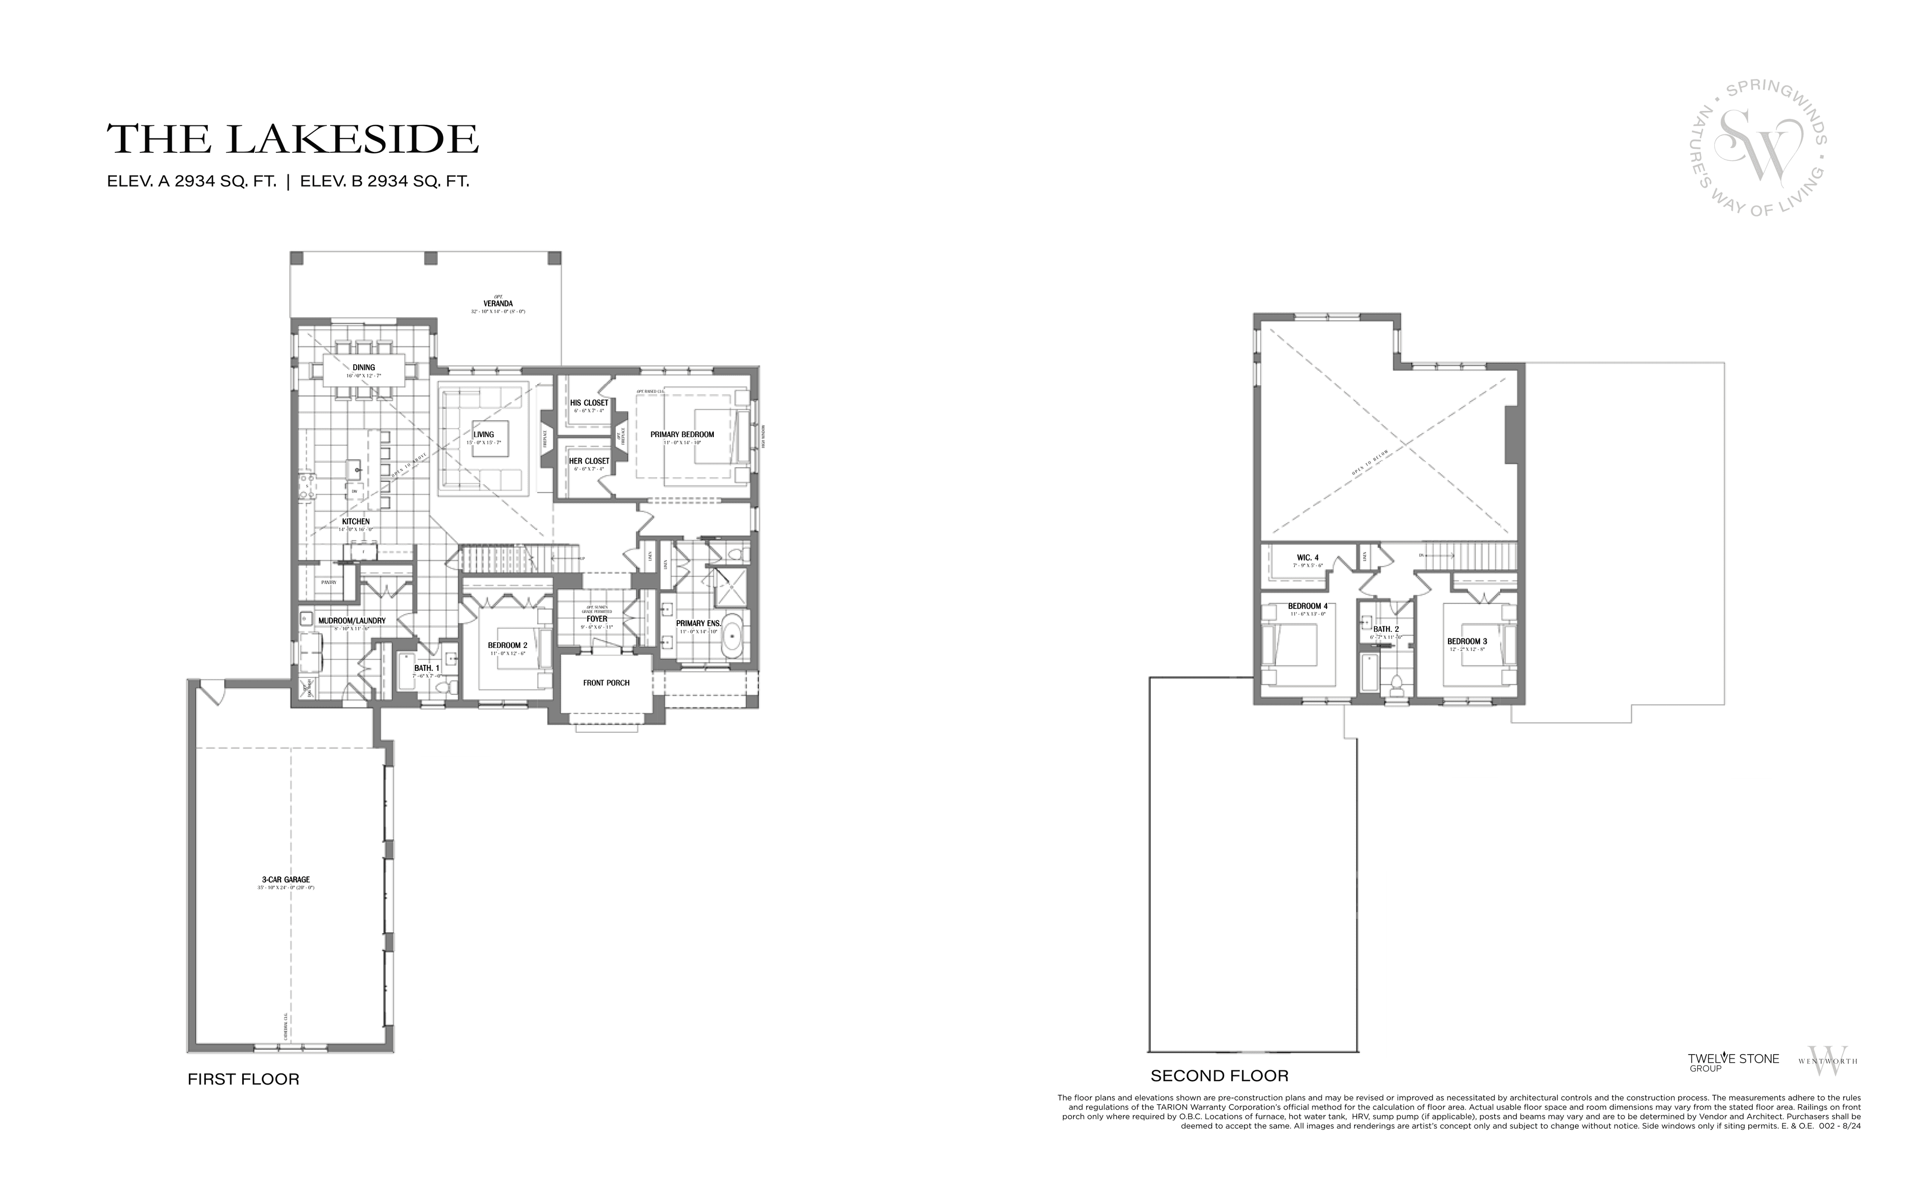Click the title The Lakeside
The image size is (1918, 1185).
[x=292, y=139]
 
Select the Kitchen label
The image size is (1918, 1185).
[x=356, y=521]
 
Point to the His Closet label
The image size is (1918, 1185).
[x=589, y=403]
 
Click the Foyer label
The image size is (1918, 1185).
[x=597, y=619]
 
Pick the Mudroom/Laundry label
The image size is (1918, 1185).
[x=352, y=620]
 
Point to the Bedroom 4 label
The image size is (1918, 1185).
[x=1308, y=606]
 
